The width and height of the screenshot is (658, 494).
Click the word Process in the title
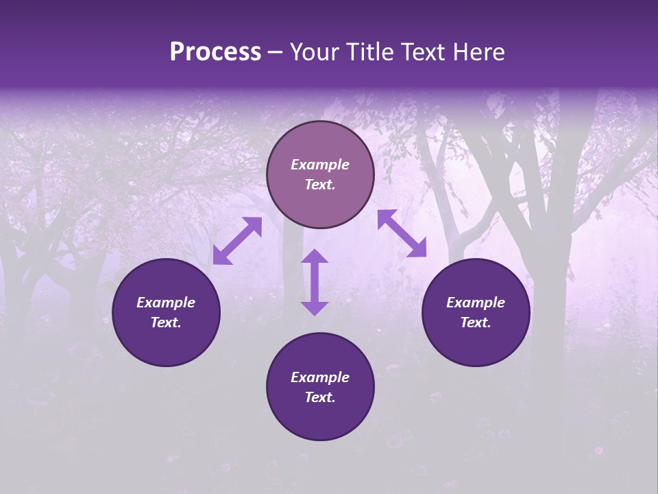pyautogui.click(x=215, y=52)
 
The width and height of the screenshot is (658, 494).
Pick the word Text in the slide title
pyautogui.click(x=427, y=52)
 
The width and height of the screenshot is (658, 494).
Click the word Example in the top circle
pyautogui.click(x=320, y=165)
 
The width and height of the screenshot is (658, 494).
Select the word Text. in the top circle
pyautogui.click(x=320, y=185)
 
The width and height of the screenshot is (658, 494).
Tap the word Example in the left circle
pyautogui.click(x=166, y=303)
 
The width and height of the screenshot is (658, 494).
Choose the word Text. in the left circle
pyautogui.click(x=166, y=322)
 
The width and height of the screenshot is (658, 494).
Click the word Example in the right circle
pyautogui.click(x=476, y=303)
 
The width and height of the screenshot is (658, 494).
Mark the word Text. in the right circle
pyautogui.click(x=476, y=322)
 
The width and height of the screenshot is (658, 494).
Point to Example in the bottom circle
pyautogui.click(x=320, y=377)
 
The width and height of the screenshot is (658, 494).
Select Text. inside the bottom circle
pyautogui.click(x=320, y=397)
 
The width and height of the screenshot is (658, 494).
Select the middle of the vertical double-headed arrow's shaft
pyautogui.click(x=315, y=283)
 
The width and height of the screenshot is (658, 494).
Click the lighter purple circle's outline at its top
pyautogui.click(x=320, y=122)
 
